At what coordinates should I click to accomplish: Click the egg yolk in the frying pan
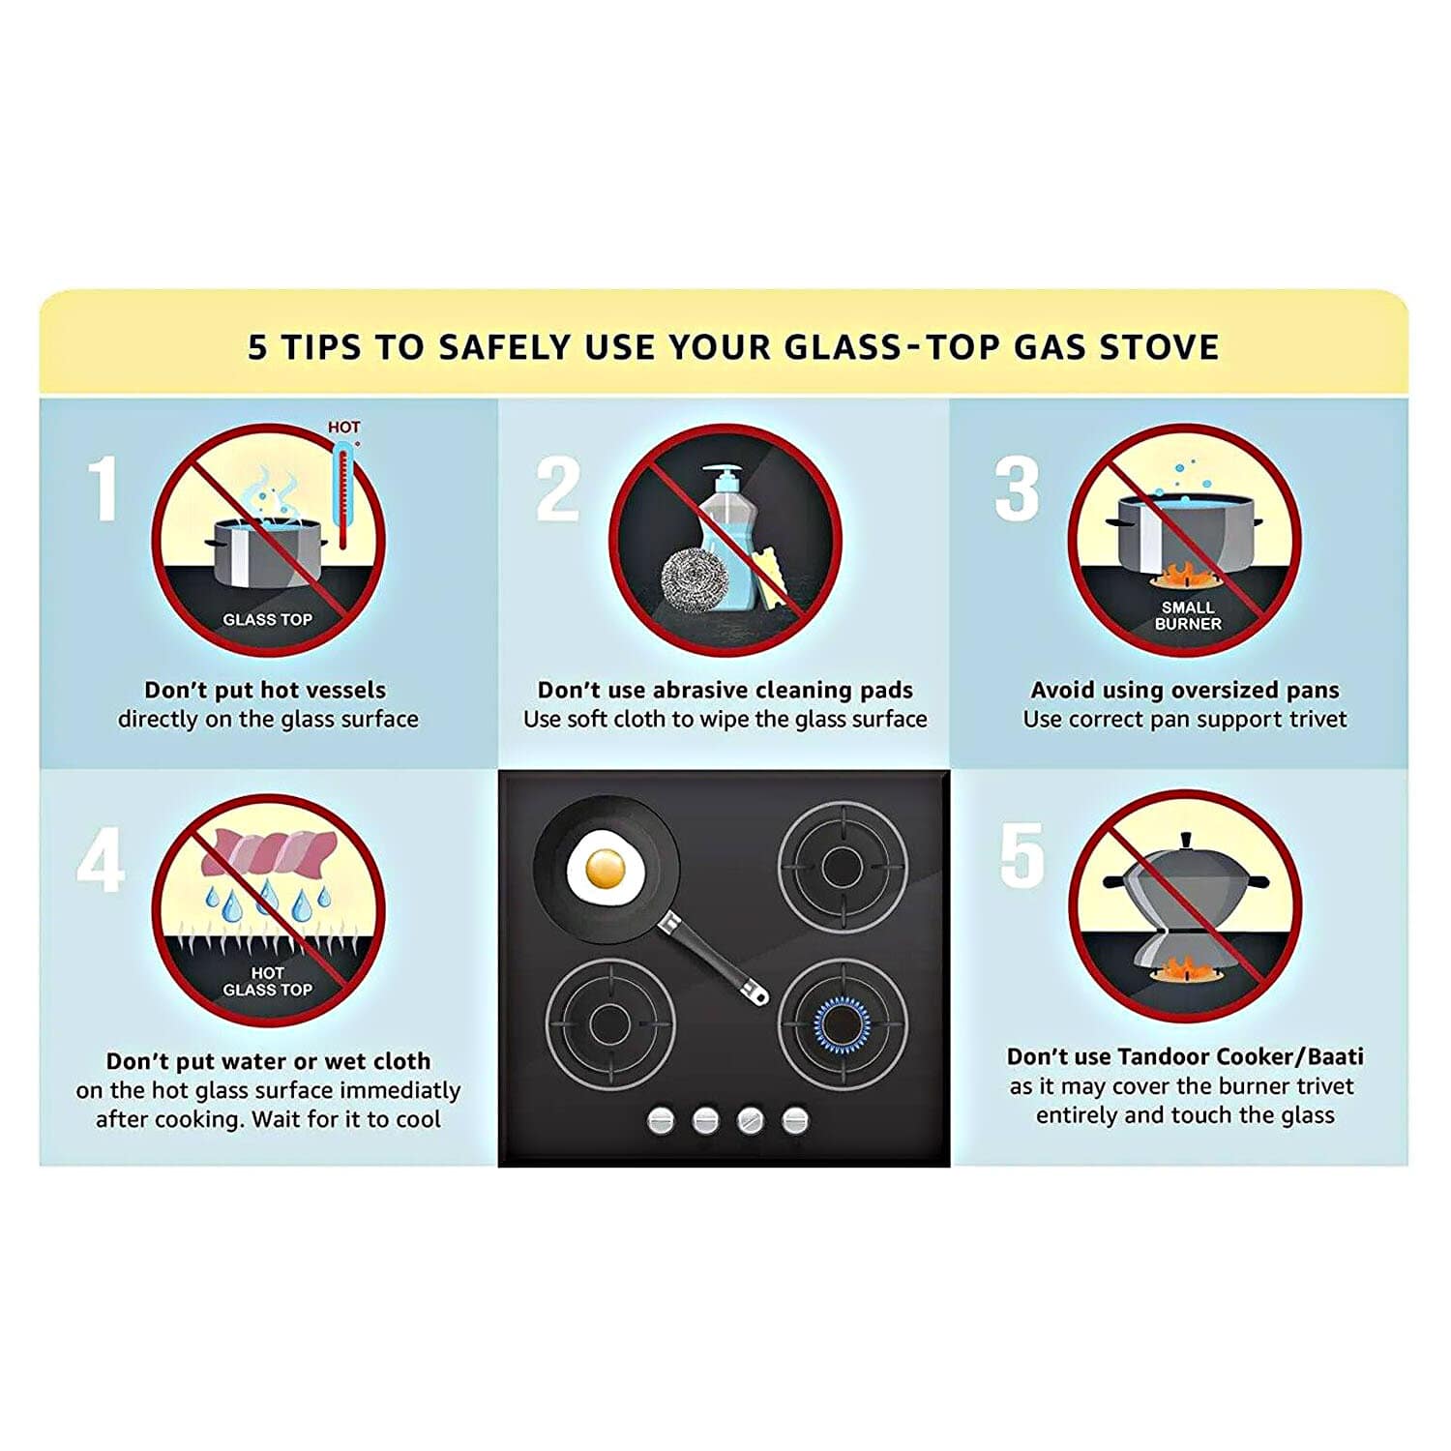(x=606, y=868)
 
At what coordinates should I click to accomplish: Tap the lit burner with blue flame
(x=842, y=1023)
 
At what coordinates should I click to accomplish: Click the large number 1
(x=104, y=489)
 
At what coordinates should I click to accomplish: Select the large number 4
(x=101, y=860)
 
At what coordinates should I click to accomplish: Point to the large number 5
(x=1022, y=855)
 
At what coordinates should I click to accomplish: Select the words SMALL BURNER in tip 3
(x=1188, y=615)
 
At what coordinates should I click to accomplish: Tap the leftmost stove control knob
(x=661, y=1120)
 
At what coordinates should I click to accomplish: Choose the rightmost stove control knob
(x=795, y=1120)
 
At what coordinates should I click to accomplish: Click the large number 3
(x=1017, y=489)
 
